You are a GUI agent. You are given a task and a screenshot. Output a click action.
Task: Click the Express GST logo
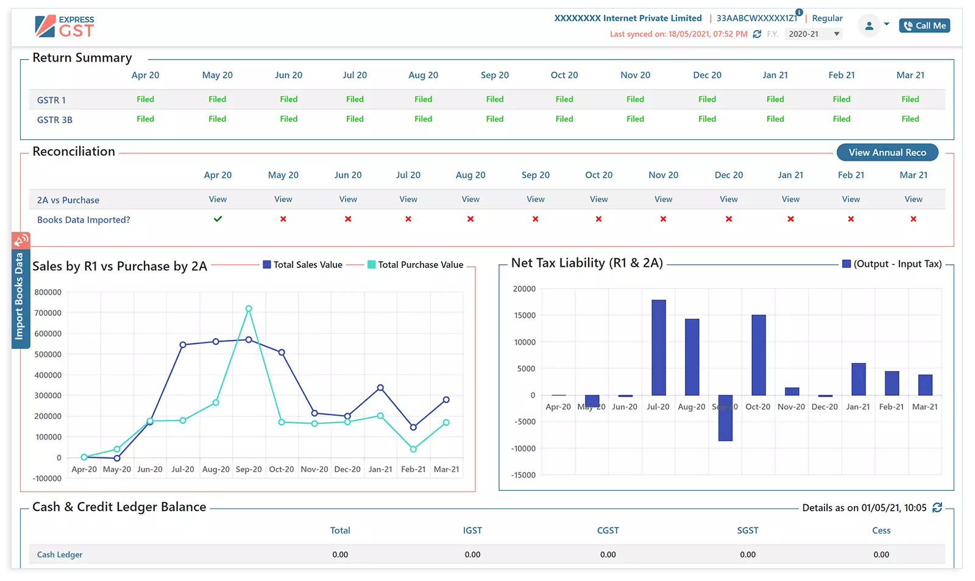coord(65,27)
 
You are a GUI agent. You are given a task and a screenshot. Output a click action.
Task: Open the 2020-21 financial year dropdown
coord(813,34)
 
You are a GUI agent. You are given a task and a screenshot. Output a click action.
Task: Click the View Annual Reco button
coord(887,152)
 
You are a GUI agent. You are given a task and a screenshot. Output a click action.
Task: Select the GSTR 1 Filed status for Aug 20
coord(423,99)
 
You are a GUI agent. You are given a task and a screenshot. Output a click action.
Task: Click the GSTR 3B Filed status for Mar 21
coord(910,119)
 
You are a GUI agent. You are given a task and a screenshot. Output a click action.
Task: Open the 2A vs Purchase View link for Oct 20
coord(598,199)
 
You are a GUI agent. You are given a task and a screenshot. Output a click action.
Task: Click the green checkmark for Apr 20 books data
coord(218,219)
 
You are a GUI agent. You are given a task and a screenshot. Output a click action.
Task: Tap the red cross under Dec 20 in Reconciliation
coord(728,219)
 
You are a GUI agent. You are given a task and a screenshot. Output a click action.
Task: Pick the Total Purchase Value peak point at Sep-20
coord(249,309)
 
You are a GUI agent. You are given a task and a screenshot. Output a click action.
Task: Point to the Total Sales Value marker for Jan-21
coord(380,387)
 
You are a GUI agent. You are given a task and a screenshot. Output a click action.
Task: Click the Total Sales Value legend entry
coord(303,265)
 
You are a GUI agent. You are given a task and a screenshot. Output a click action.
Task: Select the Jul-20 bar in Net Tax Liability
coord(658,347)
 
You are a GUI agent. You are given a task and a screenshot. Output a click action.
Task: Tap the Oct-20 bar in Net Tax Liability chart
coord(758,354)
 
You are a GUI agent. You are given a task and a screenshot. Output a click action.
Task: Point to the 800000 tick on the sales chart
coord(48,292)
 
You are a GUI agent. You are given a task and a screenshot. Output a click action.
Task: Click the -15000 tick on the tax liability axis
coord(524,475)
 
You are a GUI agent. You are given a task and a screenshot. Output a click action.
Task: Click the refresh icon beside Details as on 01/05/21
coord(937,507)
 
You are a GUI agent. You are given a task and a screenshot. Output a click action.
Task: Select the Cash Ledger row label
coord(60,555)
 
